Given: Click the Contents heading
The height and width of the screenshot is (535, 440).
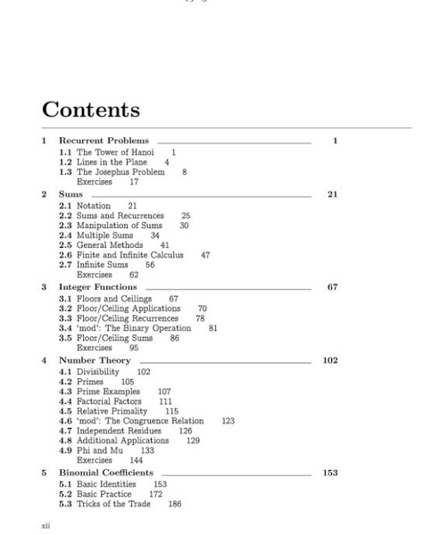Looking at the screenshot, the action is (x=91, y=110).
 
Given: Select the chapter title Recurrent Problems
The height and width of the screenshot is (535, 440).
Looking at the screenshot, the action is (x=104, y=141).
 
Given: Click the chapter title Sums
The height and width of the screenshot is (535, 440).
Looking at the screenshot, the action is (x=71, y=193).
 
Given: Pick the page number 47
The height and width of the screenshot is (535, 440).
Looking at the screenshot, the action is (x=205, y=255).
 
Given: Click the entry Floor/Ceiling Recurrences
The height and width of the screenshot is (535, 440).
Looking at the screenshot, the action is (x=127, y=318).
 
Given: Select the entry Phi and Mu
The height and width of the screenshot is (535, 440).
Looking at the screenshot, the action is (x=103, y=450).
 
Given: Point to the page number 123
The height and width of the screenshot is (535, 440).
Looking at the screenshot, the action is (x=228, y=421).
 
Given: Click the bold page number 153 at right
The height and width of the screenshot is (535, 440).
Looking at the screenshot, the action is (x=330, y=473).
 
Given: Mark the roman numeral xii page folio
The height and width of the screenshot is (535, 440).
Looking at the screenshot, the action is (x=46, y=525).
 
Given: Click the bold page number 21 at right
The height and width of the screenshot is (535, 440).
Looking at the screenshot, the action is (x=333, y=193).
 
